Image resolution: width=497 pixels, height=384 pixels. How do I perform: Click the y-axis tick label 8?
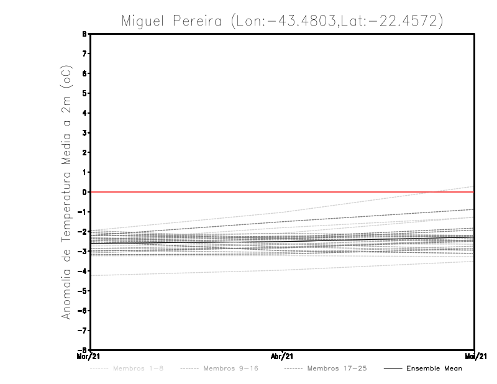point(84,34)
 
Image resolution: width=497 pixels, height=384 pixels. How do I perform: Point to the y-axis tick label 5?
point(84,93)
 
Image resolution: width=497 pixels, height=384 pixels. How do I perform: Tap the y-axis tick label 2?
point(84,152)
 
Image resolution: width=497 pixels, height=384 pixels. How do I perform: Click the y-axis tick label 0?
point(84,192)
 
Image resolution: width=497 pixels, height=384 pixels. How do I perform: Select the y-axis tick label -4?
point(83,271)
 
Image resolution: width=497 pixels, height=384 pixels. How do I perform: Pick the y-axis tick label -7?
point(83,330)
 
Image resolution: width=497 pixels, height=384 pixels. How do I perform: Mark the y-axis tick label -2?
point(83,231)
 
